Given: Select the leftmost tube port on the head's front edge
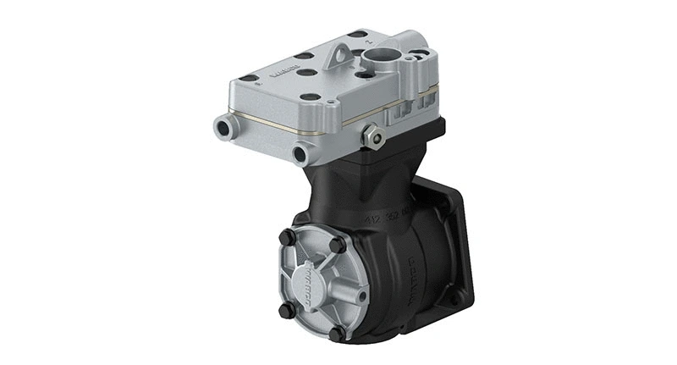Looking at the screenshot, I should pos(223,129).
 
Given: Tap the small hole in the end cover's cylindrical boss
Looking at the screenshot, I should pos(362,296).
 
